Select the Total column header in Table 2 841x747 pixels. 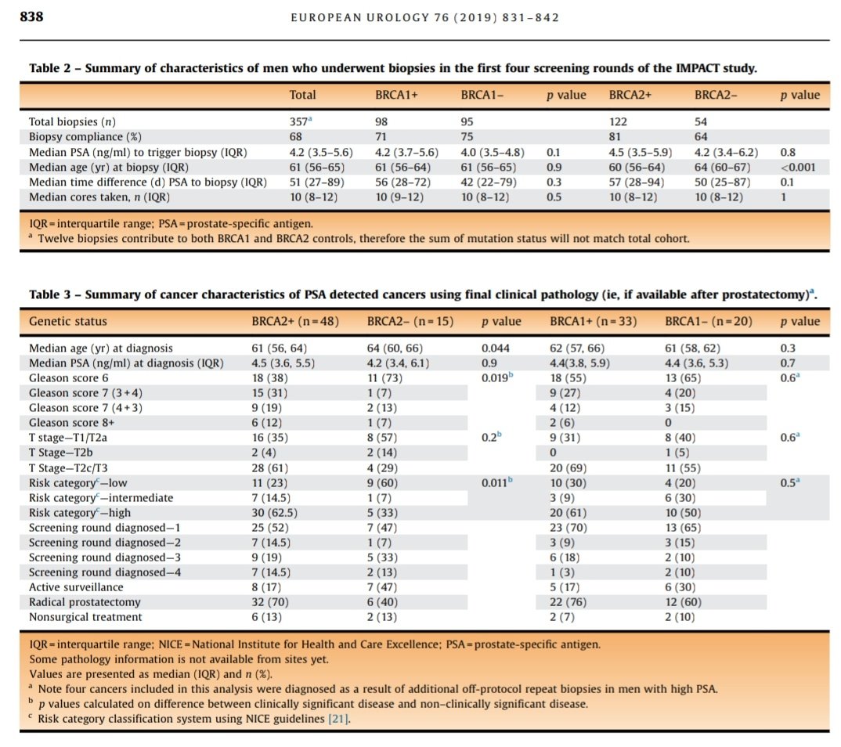click(x=302, y=95)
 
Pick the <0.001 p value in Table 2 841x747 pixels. click(x=798, y=167)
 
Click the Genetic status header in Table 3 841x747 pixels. click(x=67, y=321)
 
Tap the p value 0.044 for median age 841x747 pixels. click(x=494, y=348)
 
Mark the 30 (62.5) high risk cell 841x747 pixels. click(x=274, y=512)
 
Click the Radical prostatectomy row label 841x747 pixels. click(x=85, y=602)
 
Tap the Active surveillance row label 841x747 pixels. click(x=76, y=586)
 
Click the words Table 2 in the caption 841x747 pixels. click(x=53, y=68)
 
